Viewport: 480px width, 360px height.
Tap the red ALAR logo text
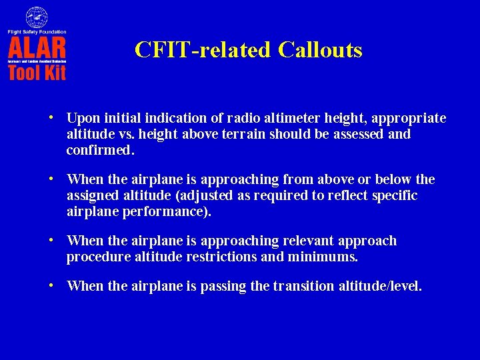[37, 47]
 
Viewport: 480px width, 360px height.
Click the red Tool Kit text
[37, 72]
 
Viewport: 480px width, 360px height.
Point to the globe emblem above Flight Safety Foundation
[37, 17]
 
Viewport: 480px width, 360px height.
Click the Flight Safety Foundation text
[37, 31]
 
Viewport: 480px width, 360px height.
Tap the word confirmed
[100, 150]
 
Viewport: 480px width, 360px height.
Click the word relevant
[310, 241]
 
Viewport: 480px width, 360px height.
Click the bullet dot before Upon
[51, 117]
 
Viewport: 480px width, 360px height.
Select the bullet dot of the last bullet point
[51, 285]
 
